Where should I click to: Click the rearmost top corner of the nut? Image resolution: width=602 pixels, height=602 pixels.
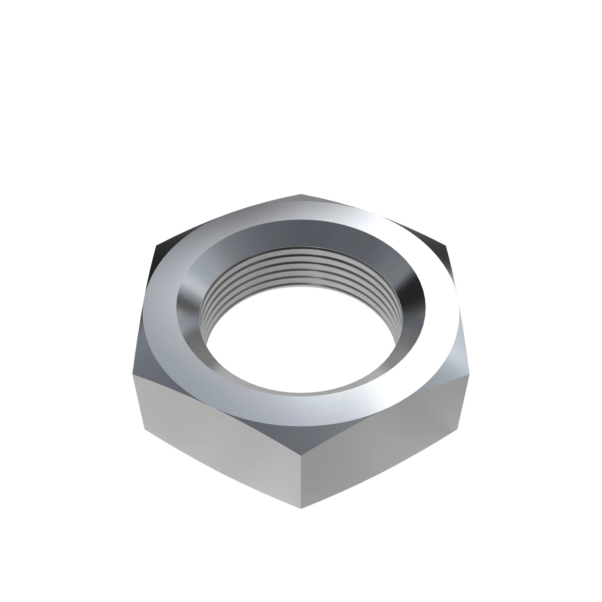coord(301,194)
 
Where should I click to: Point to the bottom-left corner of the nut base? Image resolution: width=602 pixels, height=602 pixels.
coord(145,429)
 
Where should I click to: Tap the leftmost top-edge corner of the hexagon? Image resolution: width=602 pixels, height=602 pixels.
coord(133,374)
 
